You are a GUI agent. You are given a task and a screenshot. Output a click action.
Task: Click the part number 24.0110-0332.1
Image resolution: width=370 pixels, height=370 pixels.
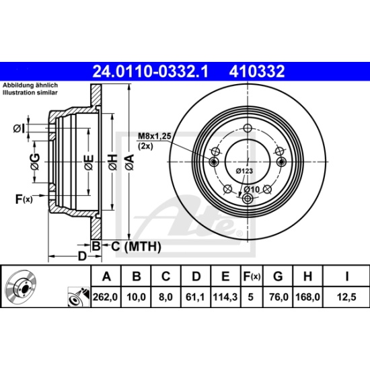[151, 71]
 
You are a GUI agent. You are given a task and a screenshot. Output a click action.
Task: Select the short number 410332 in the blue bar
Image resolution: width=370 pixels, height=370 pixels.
[257, 71]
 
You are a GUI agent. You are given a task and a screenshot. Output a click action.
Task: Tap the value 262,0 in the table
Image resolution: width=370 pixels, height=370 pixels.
[105, 297]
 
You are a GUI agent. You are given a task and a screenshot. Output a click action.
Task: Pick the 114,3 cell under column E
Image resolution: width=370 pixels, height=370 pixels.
[225, 297]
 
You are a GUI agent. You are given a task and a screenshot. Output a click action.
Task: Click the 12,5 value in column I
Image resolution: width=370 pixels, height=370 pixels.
[346, 297]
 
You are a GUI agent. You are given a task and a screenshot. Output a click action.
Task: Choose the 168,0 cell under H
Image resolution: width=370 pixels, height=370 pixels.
[307, 297]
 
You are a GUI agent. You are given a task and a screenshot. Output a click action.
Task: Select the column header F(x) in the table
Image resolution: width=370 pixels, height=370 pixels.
[252, 276]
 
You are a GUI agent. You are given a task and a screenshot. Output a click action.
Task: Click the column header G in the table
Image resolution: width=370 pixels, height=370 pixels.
[278, 276]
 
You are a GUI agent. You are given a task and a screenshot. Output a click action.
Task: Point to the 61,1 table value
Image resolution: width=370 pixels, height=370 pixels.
[195, 297]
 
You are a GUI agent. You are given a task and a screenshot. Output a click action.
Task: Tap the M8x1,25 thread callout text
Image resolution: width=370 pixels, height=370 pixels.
[154, 136]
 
